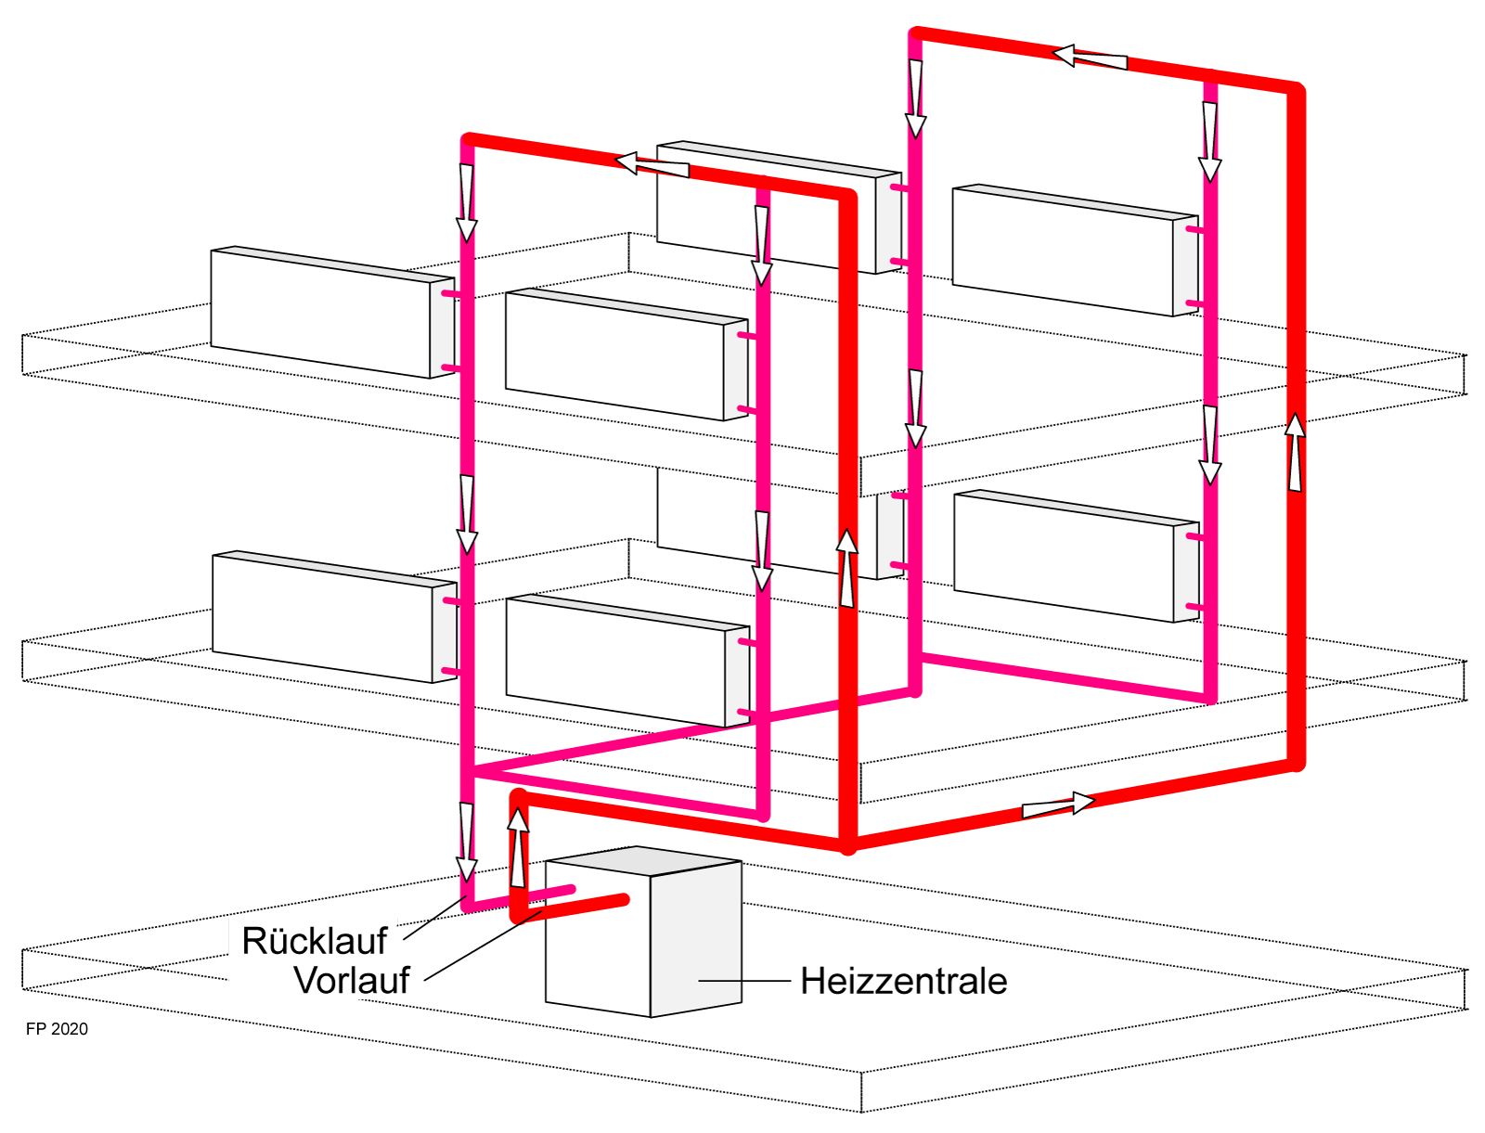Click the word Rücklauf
click(314, 941)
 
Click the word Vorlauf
click(351, 981)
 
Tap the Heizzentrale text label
click(903, 982)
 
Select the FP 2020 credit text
click(57, 1029)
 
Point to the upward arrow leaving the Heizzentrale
click(518, 846)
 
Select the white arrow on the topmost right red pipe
click(1091, 58)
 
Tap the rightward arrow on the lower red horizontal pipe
click(1059, 805)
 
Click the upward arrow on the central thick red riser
click(846, 568)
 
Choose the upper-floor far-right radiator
click(1063, 250)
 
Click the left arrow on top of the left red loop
click(652, 165)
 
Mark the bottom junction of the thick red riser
click(847, 845)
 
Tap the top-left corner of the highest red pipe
click(915, 34)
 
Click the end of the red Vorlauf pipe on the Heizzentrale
click(625, 898)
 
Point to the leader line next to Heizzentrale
click(742, 981)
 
